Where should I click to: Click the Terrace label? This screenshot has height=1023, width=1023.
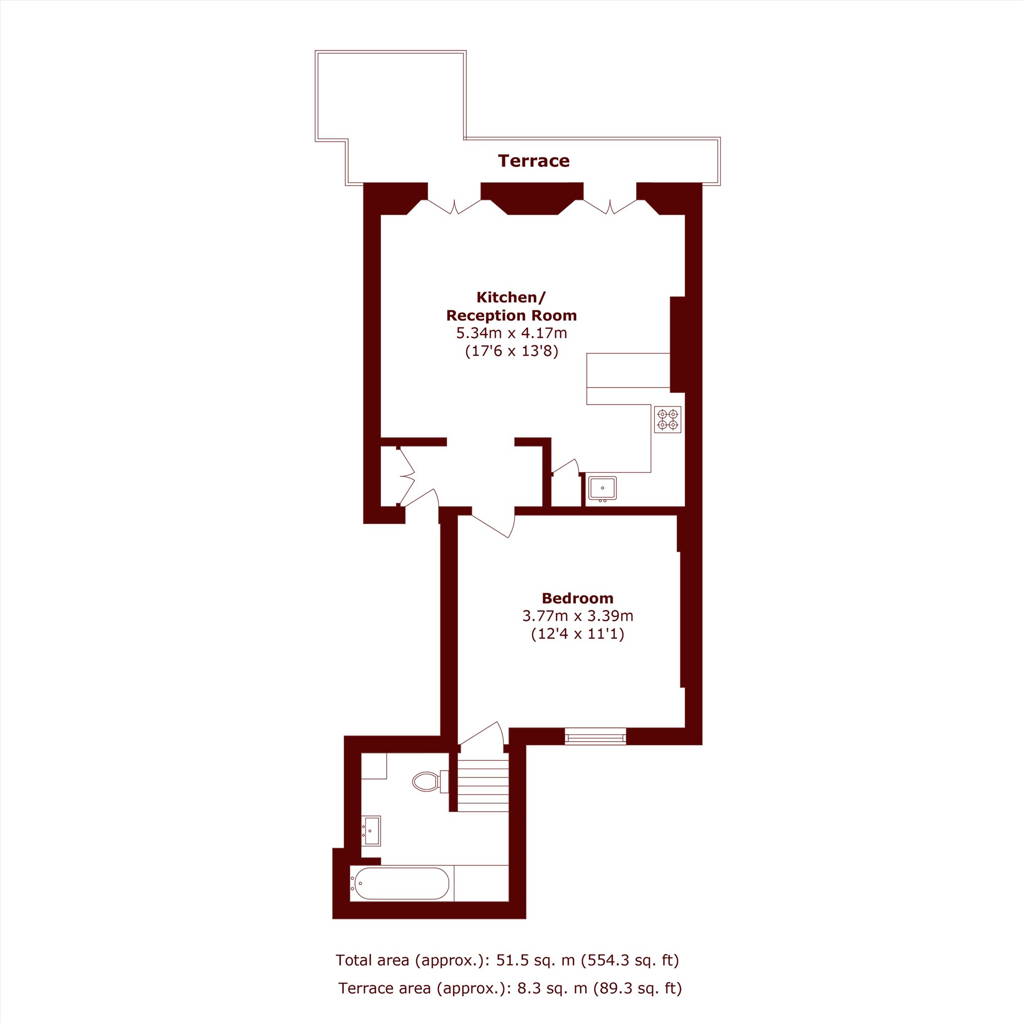click(x=533, y=161)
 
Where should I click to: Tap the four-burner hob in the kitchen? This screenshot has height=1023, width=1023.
click(x=667, y=419)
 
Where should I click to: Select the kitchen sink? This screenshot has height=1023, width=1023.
click(x=603, y=488)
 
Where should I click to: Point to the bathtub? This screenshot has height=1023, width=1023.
click(x=402, y=883)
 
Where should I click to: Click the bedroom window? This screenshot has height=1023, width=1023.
click(x=595, y=737)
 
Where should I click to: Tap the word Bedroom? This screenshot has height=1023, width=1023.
click(x=577, y=598)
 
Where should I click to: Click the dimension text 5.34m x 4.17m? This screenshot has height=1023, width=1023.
click(x=511, y=333)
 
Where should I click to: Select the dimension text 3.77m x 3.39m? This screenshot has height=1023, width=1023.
click(x=577, y=616)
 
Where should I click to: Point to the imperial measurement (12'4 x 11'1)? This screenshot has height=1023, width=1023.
click(x=577, y=634)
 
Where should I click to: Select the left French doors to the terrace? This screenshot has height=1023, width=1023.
click(x=454, y=207)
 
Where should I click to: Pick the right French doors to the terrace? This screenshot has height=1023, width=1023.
click(x=610, y=207)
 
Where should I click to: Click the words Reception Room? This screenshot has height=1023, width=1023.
click(x=511, y=316)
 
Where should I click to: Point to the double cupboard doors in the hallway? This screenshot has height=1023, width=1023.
click(x=407, y=477)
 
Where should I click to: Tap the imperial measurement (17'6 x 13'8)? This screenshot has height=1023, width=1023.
click(x=511, y=351)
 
